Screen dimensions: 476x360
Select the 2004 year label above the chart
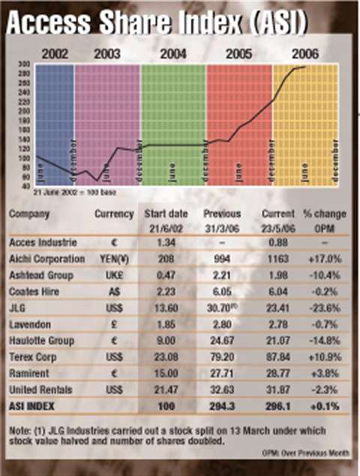pyautogui.click(x=173, y=55)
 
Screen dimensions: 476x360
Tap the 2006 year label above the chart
pyautogui.click(x=305, y=55)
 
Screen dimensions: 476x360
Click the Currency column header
pyautogui.click(x=113, y=214)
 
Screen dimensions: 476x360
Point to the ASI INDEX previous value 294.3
pyautogui.click(x=217, y=405)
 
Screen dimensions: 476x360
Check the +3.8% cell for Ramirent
pyautogui.click(x=322, y=372)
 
